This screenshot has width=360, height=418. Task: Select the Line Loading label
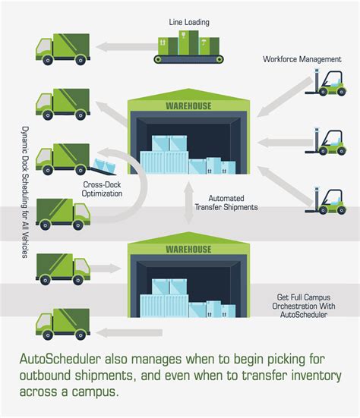[190, 23]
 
